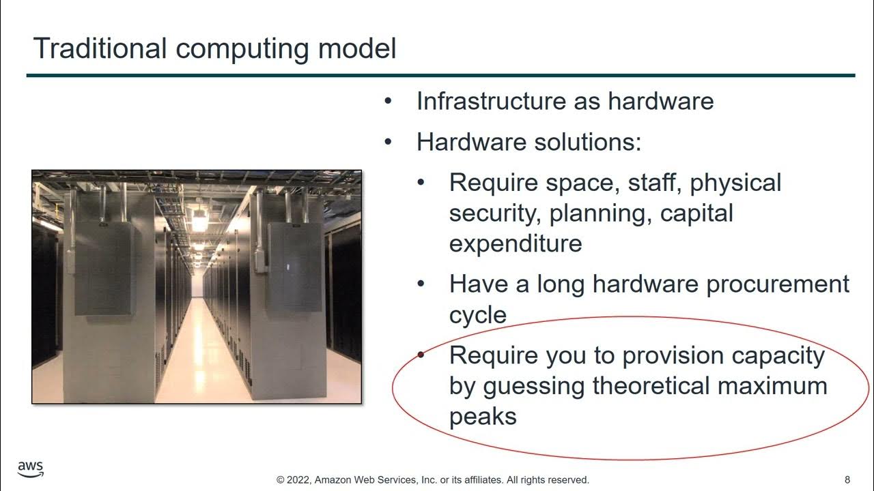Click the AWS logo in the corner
point(31,469)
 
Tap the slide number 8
point(847,479)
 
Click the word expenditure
point(516,243)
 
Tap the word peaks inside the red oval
point(483,416)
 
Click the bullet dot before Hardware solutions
point(389,143)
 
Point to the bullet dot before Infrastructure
point(389,102)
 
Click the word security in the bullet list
point(495,213)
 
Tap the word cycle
point(478,315)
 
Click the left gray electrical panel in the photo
point(103,267)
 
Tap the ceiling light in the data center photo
point(199,220)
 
